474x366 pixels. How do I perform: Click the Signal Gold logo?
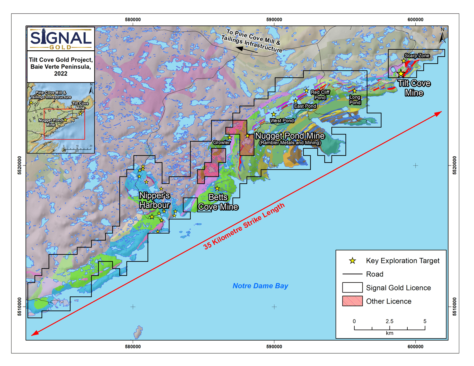click(x=61, y=39)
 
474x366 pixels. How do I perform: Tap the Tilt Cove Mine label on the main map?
click(x=414, y=88)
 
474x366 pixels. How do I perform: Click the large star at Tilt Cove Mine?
click(x=401, y=73)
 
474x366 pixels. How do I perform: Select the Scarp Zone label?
click(x=417, y=56)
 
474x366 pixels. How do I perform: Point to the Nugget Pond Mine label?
click(x=290, y=136)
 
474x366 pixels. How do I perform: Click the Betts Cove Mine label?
click(x=218, y=202)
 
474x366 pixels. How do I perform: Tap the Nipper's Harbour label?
click(x=154, y=200)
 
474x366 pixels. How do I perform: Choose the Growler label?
click(x=221, y=142)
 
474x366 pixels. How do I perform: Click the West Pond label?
click(x=282, y=121)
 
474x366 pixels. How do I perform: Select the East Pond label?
click(x=305, y=106)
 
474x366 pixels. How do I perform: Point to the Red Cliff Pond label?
click(x=320, y=95)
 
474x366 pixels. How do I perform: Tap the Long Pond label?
click(x=355, y=100)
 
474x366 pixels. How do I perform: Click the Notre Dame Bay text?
click(x=260, y=286)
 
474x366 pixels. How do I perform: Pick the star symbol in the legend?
click(x=352, y=261)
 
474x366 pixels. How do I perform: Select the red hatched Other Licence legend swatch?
click(x=352, y=301)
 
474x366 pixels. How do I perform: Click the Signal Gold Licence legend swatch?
click(x=352, y=288)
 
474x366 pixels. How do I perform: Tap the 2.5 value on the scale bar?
click(x=389, y=321)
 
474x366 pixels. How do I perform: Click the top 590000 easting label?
click(x=274, y=20)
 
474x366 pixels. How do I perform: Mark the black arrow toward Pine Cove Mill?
click(x=248, y=50)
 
